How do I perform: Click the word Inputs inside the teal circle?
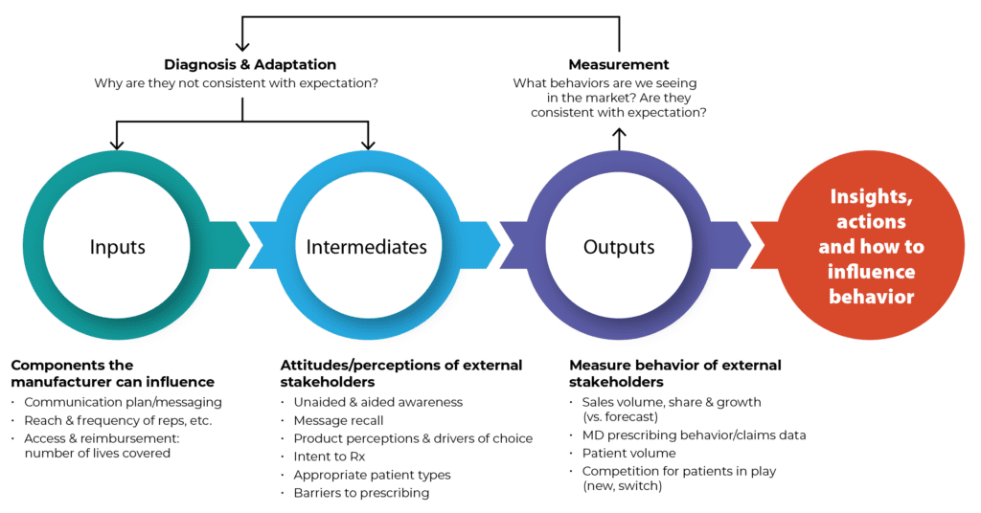117,248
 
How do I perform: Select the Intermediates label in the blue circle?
367,247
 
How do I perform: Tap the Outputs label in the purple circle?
619,248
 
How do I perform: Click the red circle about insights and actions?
870,245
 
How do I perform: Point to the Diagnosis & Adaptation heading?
250,64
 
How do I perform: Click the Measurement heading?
619,64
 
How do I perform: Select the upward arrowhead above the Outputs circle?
620,133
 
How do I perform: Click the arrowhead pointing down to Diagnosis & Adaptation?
242,46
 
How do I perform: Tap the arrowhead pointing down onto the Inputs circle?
116,145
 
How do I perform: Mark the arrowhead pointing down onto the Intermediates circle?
368,145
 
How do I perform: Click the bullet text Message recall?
338,420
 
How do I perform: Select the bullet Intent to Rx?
330,457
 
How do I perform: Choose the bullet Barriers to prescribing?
361,493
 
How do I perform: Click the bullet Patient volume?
628,453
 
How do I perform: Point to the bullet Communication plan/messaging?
124,402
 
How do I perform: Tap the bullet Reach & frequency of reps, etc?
118,420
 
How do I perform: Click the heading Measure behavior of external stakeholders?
675,373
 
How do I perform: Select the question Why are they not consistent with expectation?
236,83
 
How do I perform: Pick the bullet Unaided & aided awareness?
378,402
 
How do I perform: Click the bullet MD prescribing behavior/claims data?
694,435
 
